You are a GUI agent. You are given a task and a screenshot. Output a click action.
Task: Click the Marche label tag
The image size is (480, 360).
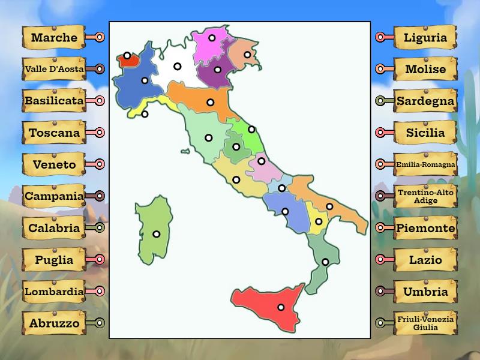(54, 37)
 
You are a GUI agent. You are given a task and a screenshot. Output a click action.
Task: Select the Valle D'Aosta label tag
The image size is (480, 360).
(54, 69)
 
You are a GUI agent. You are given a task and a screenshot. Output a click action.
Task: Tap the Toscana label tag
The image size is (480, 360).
(54, 133)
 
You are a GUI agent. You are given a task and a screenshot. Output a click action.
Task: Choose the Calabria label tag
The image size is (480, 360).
(54, 228)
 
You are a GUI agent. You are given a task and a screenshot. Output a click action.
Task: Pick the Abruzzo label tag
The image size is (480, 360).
(54, 323)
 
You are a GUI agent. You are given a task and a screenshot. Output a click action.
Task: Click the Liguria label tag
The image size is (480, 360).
(425, 37)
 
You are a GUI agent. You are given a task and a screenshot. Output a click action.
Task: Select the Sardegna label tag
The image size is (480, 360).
(425, 101)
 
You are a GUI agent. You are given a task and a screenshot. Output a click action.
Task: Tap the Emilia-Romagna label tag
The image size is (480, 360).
(425, 164)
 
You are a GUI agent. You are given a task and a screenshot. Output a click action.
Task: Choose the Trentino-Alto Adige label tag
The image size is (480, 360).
(425, 196)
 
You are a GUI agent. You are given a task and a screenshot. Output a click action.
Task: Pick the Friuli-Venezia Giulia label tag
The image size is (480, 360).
(425, 323)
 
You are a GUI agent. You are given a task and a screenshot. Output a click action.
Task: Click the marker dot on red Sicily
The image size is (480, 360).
(281, 307)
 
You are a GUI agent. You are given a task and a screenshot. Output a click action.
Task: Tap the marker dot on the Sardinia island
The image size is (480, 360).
(157, 234)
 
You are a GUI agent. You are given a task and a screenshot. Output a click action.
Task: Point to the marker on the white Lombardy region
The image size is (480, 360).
(178, 66)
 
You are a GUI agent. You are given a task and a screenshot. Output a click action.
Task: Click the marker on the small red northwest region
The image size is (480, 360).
(127, 55)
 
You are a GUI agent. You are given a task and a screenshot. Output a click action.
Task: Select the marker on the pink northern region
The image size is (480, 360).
(212, 37)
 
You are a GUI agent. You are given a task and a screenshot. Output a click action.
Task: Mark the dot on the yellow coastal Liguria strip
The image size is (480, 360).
(145, 114)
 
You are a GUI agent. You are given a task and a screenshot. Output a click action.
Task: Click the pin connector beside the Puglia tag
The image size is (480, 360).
(100, 259)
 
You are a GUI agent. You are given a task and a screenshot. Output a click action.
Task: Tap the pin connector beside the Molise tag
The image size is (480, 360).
(380, 69)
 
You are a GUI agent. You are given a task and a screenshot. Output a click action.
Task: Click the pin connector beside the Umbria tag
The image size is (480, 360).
(380, 291)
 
